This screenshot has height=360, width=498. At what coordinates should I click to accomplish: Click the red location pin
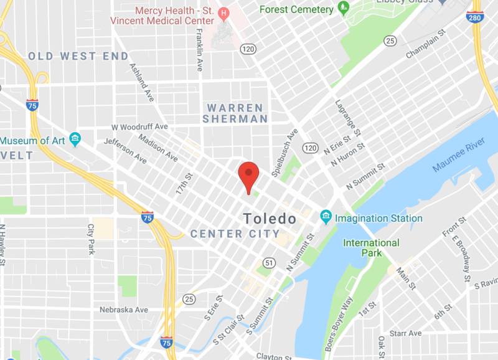249,174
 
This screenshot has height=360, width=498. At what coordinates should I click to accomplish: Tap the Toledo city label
270,219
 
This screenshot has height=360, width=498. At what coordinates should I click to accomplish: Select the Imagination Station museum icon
326,217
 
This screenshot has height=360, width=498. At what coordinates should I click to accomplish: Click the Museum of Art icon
75,140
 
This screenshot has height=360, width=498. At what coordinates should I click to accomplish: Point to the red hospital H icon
222,12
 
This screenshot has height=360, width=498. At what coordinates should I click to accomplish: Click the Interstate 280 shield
475,17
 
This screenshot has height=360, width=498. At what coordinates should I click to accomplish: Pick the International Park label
372,247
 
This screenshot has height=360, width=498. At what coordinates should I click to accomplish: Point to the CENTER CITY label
235,234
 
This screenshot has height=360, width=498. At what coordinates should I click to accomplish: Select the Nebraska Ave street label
124,310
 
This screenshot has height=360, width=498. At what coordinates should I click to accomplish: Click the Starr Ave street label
406,333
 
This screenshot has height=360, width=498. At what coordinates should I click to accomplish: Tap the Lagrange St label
348,118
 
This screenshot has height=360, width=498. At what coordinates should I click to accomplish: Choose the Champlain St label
427,46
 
